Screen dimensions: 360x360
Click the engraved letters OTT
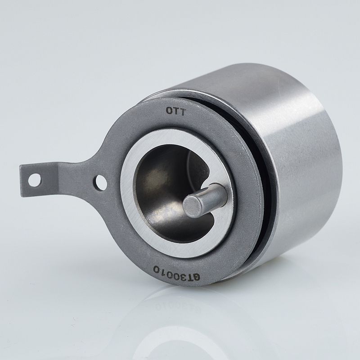[x=176, y=112]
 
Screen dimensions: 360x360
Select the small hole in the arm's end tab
[x=34, y=180]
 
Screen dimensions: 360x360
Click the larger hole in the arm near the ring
[x=101, y=183]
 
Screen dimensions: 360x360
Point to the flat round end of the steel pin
[x=192, y=207]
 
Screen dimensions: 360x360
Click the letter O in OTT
[x=169, y=111]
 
